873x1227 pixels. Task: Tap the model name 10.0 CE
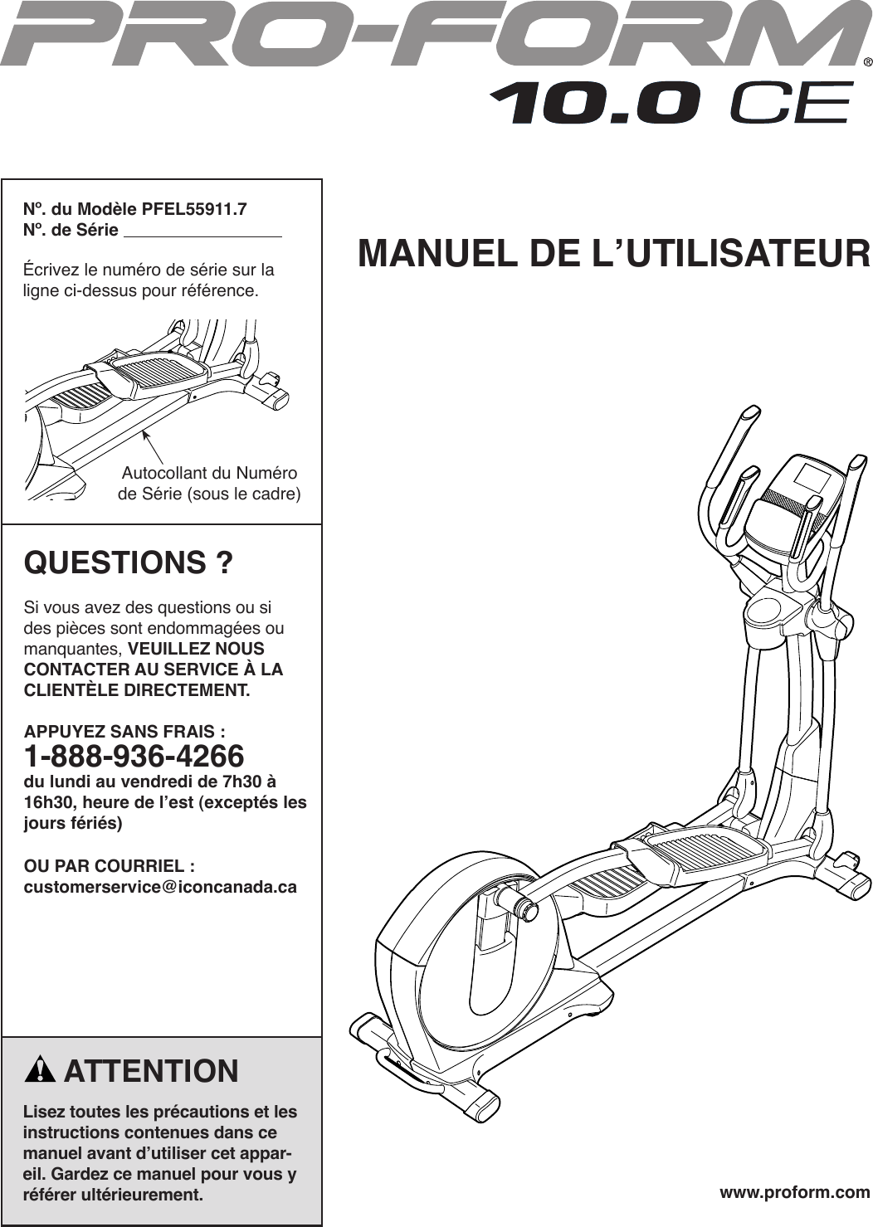671,104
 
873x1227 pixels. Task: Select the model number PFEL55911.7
194,209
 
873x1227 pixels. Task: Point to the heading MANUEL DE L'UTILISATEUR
614,254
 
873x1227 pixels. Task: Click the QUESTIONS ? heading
129,563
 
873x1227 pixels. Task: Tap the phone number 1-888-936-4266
134,757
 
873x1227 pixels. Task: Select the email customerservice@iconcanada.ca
160,887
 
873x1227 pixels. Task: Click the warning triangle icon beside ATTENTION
39,1071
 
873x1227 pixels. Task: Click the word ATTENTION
151,1071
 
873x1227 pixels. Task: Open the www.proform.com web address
794,1192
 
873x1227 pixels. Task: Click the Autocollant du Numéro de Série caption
209,484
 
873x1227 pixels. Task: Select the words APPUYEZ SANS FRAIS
124,732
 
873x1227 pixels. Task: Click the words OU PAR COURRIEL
110,866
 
